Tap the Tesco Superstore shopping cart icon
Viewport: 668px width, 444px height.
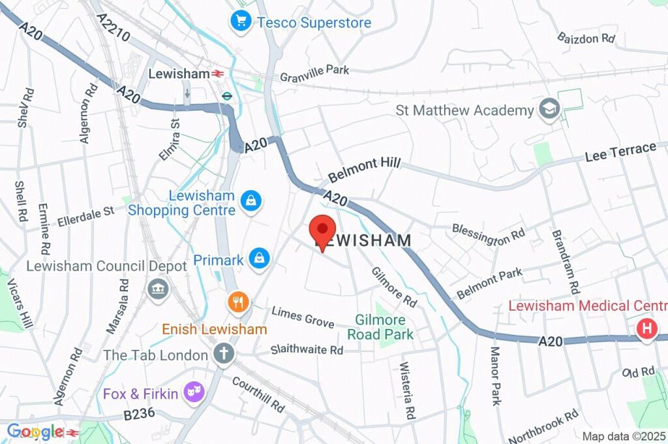[241, 22]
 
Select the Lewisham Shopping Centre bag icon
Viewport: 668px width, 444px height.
[250, 201]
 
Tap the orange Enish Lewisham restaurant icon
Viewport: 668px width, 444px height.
[238, 302]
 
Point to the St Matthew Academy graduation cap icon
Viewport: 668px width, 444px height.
[550, 110]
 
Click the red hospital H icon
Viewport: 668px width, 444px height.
[646, 329]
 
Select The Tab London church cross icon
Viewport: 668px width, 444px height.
[224, 355]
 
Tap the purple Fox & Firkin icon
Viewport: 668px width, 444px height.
[194, 392]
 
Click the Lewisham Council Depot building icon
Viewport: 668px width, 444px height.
[158, 289]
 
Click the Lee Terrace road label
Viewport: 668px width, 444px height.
[620, 152]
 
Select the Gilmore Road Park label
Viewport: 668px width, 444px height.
[380, 327]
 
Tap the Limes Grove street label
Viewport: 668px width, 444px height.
[303, 317]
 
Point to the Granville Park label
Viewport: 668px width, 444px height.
[314, 74]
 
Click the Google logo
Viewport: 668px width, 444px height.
[35, 432]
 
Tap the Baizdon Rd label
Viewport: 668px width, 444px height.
[586, 37]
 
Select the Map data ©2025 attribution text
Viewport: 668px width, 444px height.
[622, 436]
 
